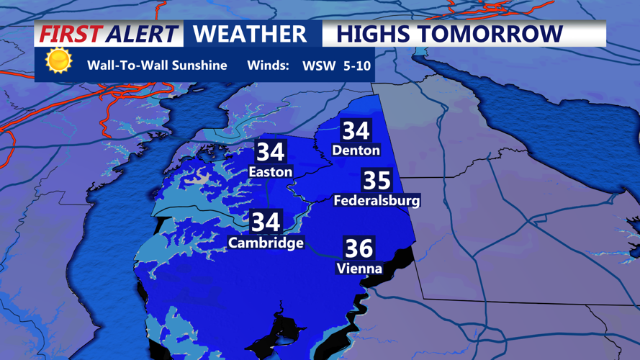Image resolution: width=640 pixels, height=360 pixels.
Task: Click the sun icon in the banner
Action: click(58, 61)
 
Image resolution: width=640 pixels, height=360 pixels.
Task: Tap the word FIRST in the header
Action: click(70, 34)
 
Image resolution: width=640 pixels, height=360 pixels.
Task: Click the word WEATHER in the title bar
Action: click(250, 34)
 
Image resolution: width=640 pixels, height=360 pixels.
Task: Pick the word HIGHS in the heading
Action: click(372, 34)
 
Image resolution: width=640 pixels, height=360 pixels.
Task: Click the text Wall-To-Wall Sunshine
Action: click(157, 66)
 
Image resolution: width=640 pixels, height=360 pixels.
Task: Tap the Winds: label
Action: click(268, 66)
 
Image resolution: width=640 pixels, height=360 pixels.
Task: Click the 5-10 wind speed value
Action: click(358, 66)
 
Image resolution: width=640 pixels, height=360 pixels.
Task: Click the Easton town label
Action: click(270, 172)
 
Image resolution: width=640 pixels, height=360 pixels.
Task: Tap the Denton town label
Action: click(356, 150)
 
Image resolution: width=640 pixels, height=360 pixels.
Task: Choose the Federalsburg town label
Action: click(377, 201)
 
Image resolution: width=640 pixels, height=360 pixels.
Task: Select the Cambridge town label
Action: click(266, 243)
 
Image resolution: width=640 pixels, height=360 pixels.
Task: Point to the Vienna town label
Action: click(359, 269)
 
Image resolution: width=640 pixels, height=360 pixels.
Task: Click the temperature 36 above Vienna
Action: click(359, 248)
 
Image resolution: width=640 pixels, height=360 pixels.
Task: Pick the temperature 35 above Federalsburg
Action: click(377, 181)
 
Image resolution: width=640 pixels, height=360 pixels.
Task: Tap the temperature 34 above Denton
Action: click(356, 130)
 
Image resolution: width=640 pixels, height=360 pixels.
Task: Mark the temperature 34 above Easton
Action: click(270, 152)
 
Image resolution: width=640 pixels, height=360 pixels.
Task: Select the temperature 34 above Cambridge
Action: click(266, 222)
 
